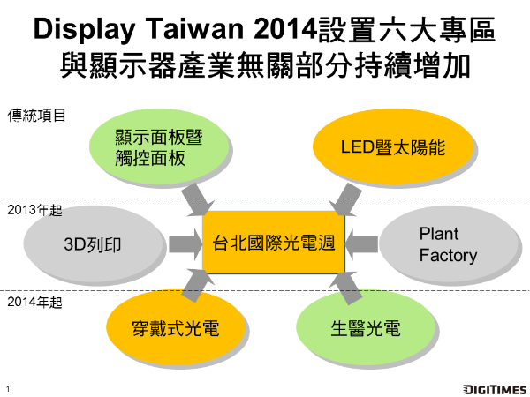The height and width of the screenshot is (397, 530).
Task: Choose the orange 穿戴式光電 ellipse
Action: tap(163, 330)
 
